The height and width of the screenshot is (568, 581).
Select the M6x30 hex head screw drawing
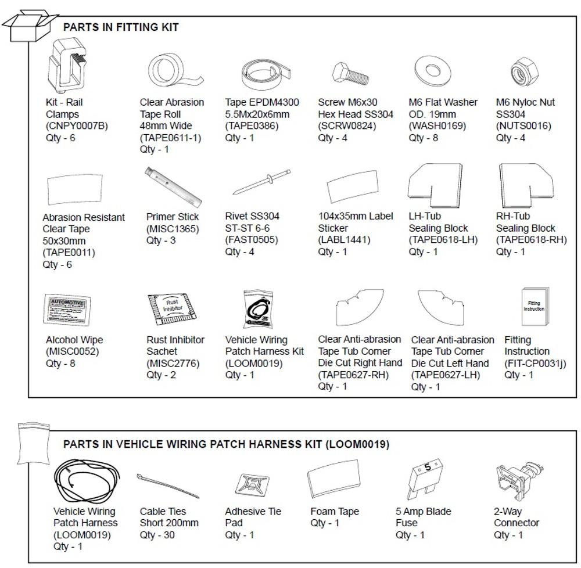point(351,74)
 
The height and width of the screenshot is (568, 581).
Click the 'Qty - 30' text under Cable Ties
point(157,535)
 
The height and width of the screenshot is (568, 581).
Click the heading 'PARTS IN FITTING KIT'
point(121,27)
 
